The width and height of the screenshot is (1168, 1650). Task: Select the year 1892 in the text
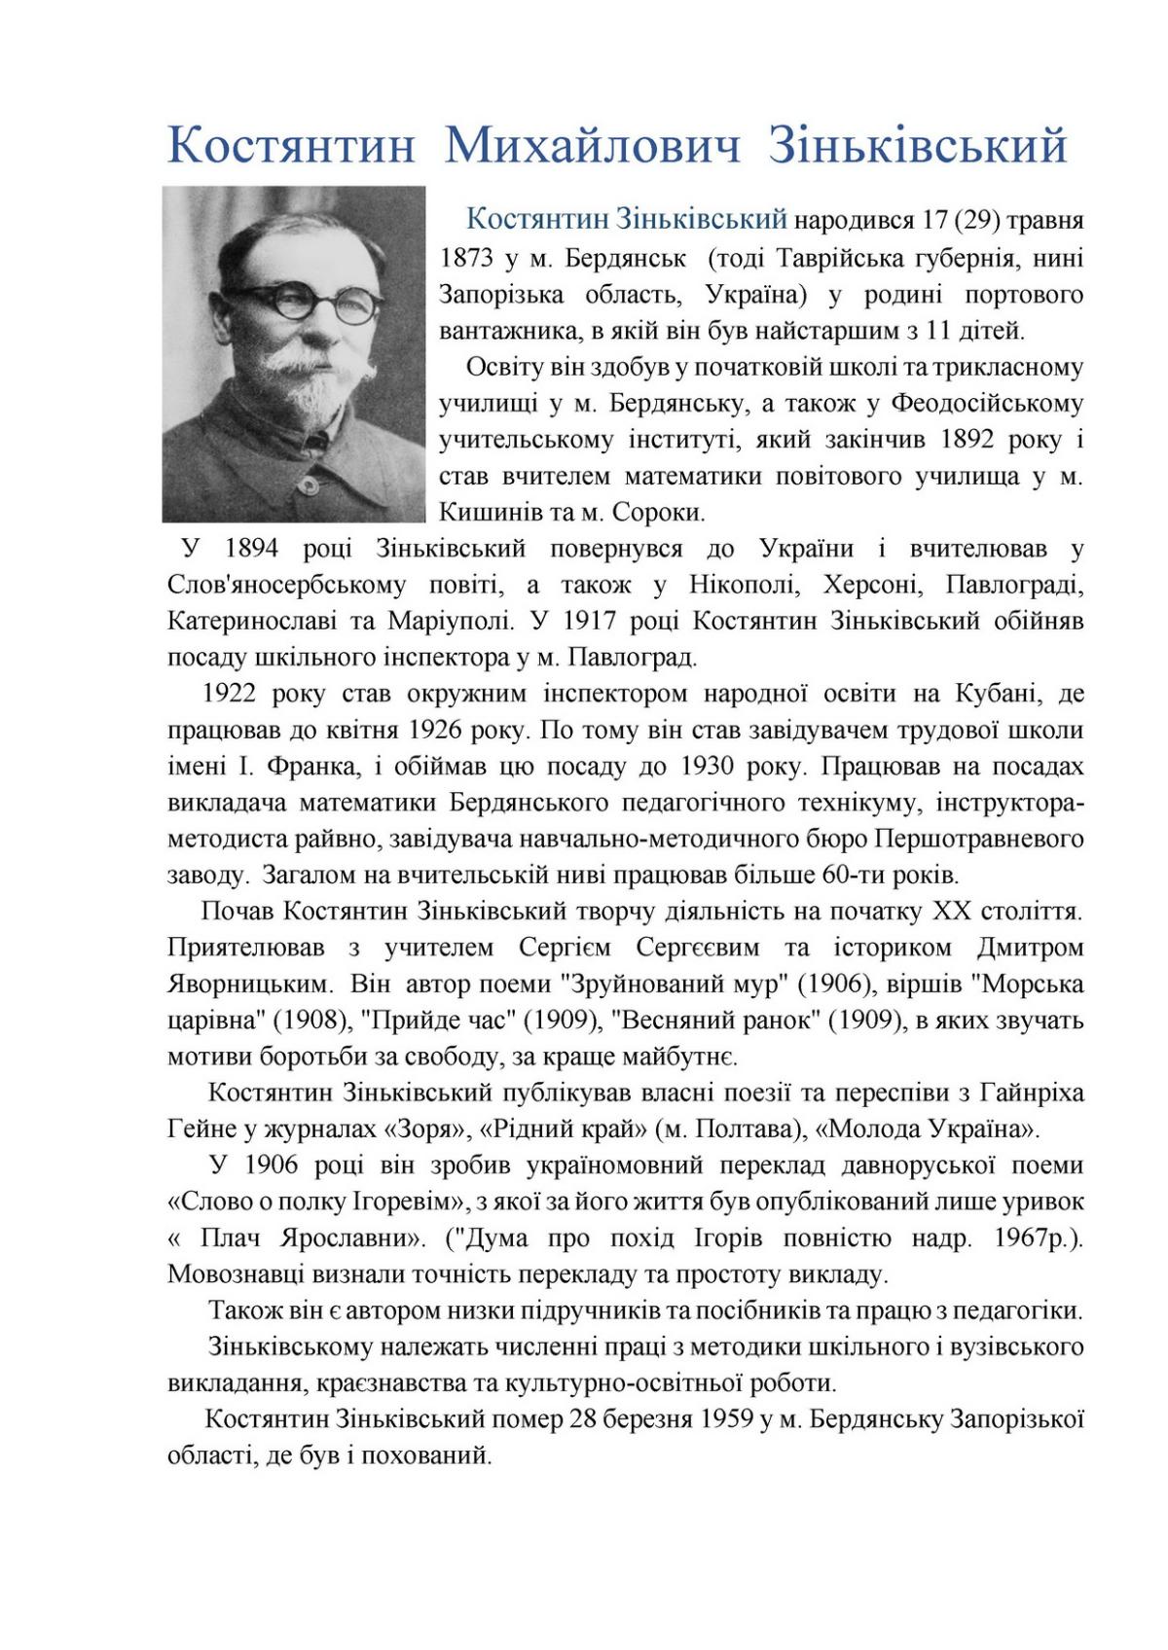pos(967,440)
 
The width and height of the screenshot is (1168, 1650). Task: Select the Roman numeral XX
pos(950,912)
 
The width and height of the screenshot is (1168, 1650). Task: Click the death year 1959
pos(726,1419)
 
